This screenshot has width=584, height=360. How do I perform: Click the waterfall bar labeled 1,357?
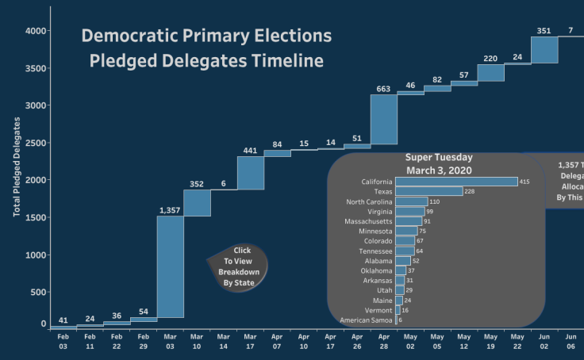coord(170,266)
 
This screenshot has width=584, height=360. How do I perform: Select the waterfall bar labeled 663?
coord(383,120)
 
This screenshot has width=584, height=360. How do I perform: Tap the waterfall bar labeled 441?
coord(250,173)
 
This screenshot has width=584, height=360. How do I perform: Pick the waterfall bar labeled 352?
coord(197,203)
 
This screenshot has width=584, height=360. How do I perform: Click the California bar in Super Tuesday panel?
coord(456,182)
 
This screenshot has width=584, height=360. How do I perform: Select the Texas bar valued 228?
coord(428,191)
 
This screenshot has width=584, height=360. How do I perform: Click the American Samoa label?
coord(365,320)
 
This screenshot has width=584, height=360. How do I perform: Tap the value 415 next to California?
coord(524,182)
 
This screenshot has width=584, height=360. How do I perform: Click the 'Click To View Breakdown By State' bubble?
coord(238,267)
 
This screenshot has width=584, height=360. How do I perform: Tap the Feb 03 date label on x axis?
coord(63,342)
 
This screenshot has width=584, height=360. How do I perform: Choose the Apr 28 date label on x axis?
coord(383,342)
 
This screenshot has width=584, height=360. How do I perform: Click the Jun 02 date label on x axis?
coord(544,342)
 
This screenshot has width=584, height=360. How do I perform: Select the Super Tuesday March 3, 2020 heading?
coord(439,163)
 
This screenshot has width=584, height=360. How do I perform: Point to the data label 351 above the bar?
coord(544,31)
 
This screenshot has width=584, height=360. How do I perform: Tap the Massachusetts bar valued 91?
coord(409,221)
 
